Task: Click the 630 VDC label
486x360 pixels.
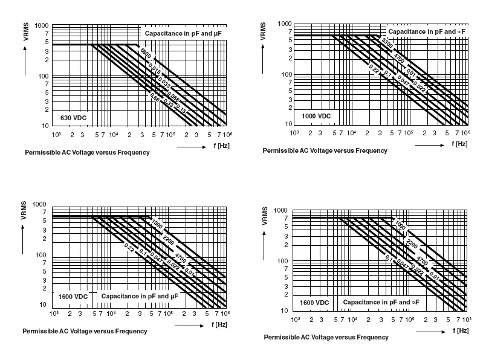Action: pos(73,117)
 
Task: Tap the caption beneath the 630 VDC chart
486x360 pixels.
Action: pos(86,152)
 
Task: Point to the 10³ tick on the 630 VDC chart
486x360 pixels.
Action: pos(56,134)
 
